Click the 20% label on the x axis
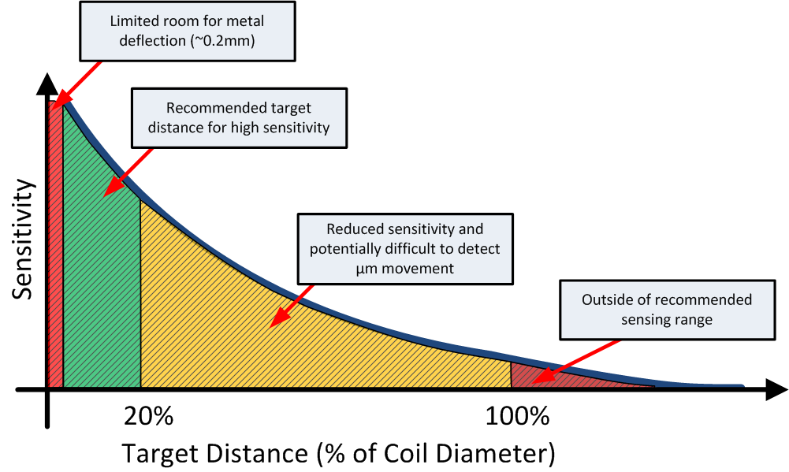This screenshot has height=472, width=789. (148, 416)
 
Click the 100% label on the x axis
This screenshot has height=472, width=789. (517, 416)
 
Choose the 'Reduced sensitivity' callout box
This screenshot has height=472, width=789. (404, 248)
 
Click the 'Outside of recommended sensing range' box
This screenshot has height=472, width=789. (666, 310)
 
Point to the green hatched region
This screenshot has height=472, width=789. (99, 260)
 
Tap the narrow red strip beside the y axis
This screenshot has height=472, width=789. (55, 252)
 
